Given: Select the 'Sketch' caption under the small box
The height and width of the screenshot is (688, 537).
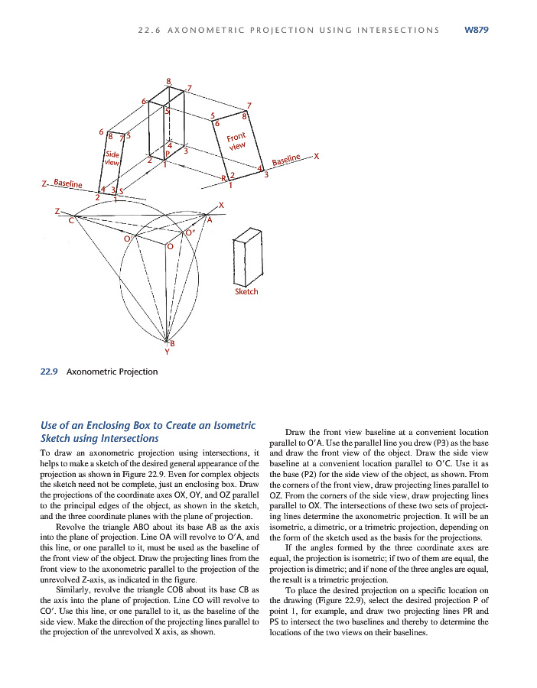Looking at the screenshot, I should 246,292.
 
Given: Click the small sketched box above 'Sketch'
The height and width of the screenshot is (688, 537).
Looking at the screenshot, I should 246,255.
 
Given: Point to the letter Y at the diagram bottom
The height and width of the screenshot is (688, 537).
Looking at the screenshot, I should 167,352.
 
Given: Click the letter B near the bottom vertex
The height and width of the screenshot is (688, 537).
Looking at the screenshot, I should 172,342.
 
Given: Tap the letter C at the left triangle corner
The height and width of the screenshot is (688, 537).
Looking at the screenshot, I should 71,220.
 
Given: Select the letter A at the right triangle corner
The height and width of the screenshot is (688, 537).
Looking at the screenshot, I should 209,219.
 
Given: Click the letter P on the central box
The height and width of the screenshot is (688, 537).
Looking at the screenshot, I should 167,154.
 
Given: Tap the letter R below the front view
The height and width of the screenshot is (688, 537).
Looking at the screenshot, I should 223,178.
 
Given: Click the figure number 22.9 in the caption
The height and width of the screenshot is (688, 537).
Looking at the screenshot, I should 49,372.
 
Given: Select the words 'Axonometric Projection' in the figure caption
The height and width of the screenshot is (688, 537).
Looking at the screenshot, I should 112,372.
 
